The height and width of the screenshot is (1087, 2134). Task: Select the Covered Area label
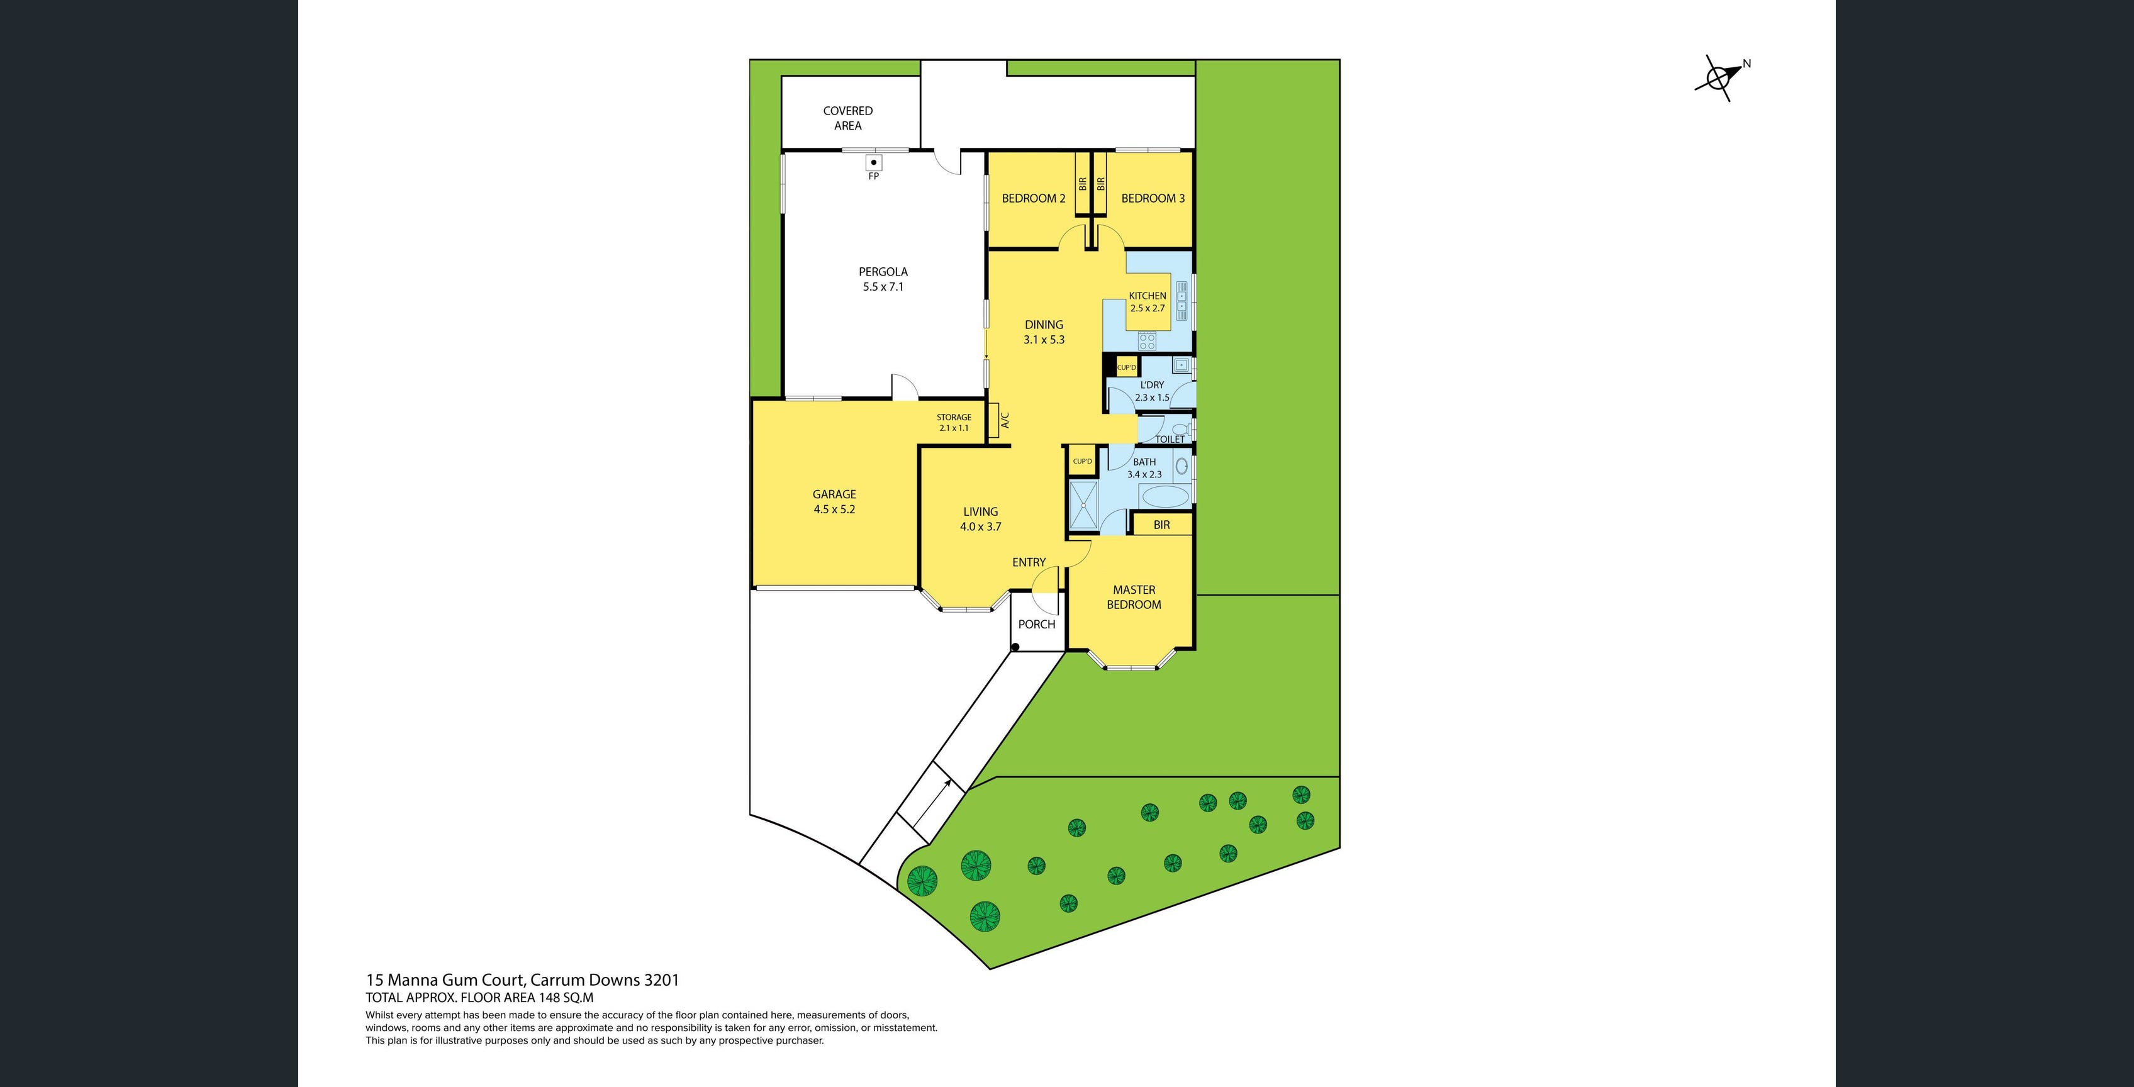pos(847,118)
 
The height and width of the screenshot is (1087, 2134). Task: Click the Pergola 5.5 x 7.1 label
pos(883,279)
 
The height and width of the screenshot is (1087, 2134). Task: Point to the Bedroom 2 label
pos(1033,198)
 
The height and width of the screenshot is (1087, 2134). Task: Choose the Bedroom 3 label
pos(1153,198)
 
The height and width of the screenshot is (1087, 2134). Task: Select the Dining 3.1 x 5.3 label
pos(1044,332)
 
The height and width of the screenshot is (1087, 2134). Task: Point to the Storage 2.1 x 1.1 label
pos(954,423)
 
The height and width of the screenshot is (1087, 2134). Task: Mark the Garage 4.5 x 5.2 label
pos(834,501)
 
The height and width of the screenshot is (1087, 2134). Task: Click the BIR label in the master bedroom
pos(1161,525)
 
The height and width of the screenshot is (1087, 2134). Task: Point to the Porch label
pos(1036,624)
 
